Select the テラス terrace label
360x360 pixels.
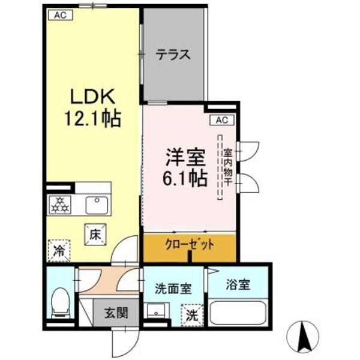click(x=173, y=55)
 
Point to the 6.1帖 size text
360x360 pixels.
click(x=185, y=178)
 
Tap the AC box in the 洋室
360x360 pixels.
click(x=221, y=120)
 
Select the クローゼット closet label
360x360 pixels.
click(x=190, y=245)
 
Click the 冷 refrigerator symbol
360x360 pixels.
click(x=60, y=249)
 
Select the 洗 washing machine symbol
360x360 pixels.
click(x=191, y=314)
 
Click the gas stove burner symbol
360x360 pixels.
click(x=60, y=205)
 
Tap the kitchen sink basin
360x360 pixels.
click(x=95, y=205)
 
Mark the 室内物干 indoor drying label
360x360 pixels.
click(x=228, y=170)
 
